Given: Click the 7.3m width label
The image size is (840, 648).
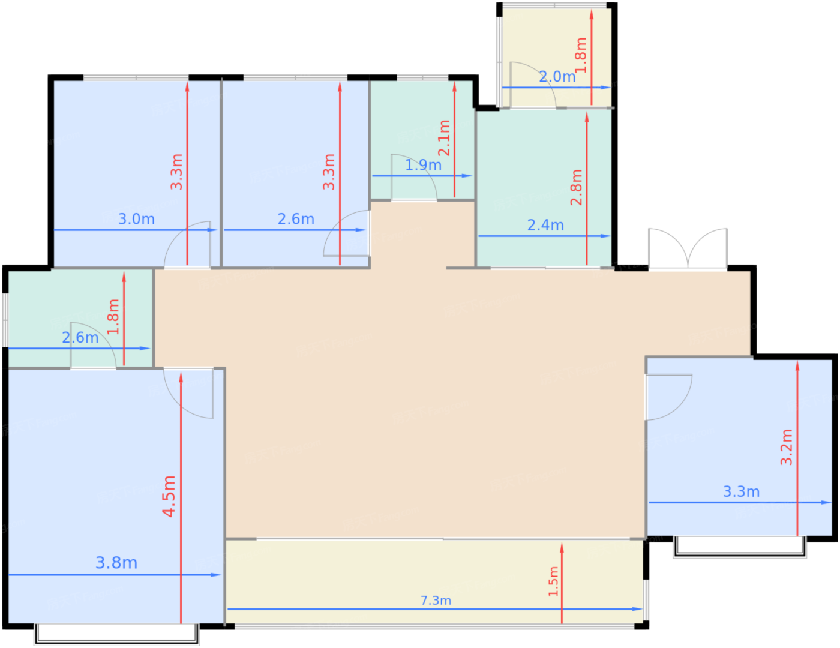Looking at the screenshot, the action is [435, 601].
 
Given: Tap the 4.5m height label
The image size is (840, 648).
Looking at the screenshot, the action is [169, 496].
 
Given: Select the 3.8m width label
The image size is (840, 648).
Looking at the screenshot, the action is [116, 563].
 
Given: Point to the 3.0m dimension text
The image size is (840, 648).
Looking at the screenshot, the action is [136, 219].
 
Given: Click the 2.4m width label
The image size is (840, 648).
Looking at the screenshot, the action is [545, 225].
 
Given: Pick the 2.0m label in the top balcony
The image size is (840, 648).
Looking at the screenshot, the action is [557, 77].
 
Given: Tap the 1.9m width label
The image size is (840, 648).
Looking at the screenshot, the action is [423, 165].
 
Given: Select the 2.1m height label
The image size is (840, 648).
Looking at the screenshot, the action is [444, 138].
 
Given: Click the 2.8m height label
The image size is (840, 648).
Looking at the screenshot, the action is [576, 187].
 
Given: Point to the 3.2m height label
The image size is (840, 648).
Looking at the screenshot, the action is [786, 446].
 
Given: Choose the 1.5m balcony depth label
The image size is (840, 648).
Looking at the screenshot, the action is [553, 581].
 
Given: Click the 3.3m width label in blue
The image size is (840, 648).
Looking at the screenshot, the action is [741, 491].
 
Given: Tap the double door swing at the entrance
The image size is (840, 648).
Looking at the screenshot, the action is [688, 248].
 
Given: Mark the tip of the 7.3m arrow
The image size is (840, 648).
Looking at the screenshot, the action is [642, 609].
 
